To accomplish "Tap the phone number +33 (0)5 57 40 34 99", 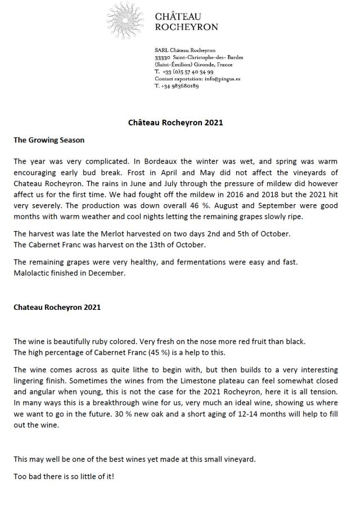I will coord(187,72).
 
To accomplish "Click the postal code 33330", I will coord(163,57).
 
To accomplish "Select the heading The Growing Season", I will coord(49,140).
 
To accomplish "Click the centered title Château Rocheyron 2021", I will coord(175,123).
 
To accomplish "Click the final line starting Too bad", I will coord(64,476).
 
